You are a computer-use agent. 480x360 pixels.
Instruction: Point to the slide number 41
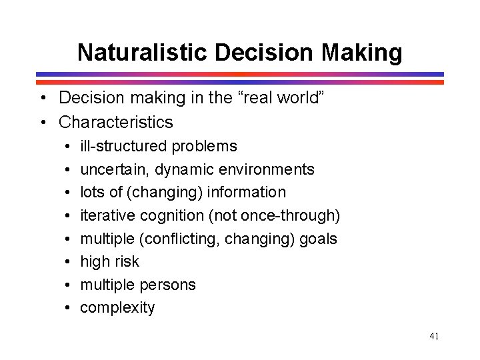[434, 336]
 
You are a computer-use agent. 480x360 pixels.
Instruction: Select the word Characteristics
[116, 123]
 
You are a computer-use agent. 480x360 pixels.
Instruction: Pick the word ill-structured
[124, 146]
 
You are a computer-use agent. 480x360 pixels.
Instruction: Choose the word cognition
[162, 215]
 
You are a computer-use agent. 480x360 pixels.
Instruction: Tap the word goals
[319, 239]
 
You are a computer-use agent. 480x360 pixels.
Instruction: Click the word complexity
[117, 308]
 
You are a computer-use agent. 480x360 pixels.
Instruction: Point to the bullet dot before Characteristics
[42, 123]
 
